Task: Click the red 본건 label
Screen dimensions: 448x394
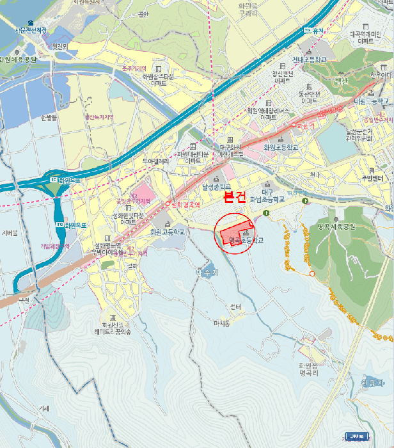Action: coord(235,198)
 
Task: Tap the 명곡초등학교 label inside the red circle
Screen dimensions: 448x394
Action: coord(246,241)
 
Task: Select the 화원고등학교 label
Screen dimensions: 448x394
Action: coord(168,232)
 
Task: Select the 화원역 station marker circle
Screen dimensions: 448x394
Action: coord(294,124)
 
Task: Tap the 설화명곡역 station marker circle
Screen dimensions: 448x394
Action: coord(168,204)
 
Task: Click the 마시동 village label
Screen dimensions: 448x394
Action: coord(222,323)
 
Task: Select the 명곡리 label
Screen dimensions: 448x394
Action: coord(308,370)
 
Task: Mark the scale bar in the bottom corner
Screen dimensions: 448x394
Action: coord(357,436)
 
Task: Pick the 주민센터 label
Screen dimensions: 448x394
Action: coord(372,176)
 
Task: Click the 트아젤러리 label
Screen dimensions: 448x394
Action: coord(155,161)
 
